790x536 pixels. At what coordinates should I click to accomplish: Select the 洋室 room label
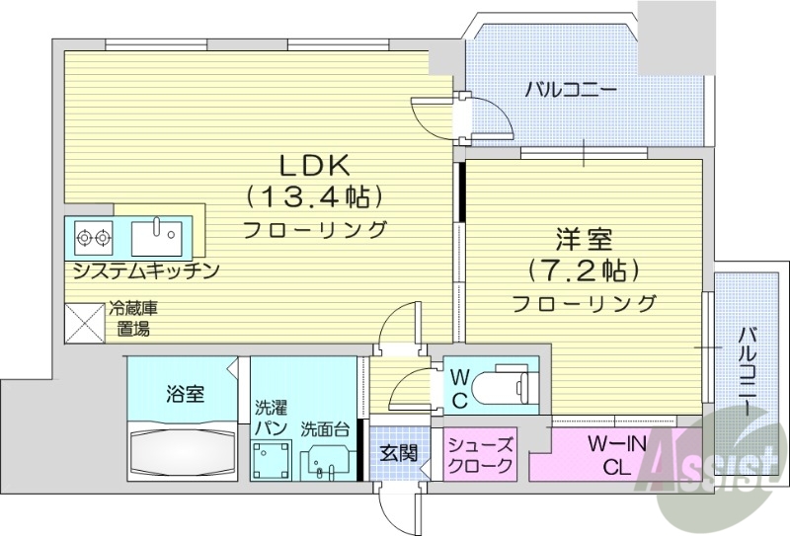tap(583, 240)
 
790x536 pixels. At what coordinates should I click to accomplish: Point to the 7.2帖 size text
tap(583, 269)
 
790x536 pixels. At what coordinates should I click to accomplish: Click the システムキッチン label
tap(144, 269)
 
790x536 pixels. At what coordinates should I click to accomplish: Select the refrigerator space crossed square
tap(85, 323)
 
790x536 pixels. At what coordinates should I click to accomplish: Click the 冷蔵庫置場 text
tap(133, 319)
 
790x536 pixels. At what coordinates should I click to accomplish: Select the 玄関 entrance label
tap(399, 454)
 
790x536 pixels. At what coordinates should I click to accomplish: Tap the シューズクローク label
tap(480, 455)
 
